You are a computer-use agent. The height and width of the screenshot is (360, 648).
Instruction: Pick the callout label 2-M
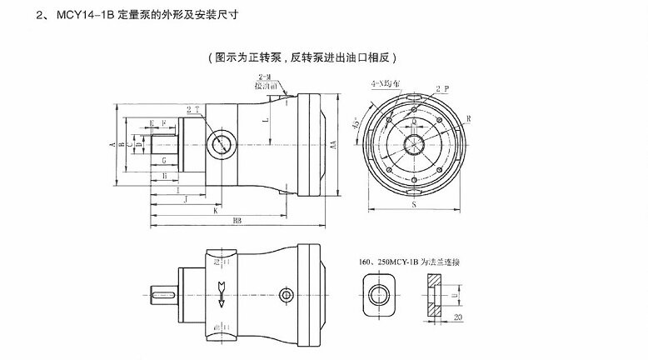pos(267,77)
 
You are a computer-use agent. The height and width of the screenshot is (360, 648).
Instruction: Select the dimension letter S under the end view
pos(412,202)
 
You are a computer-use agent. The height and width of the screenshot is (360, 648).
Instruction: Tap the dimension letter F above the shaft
pos(164,123)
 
